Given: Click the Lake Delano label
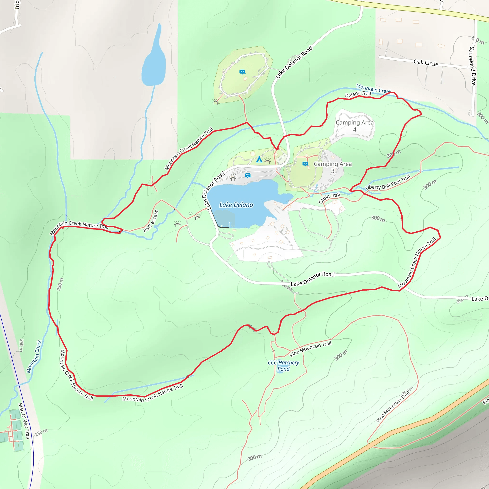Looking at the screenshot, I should (236, 205).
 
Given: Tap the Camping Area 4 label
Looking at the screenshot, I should (355, 126).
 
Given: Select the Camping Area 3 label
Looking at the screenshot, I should (333, 167).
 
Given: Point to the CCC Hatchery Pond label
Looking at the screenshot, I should (283, 366).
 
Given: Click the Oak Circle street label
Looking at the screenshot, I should (426, 63).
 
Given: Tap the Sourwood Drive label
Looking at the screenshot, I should (473, 66).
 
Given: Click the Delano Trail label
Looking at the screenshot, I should (358, 94).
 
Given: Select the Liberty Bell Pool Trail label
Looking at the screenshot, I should (388, 182).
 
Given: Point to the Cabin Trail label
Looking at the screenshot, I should (329, 198).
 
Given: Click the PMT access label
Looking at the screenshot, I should (151, 221).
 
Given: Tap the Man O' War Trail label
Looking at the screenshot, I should (25, 420).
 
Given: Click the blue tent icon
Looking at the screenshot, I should (259, 159).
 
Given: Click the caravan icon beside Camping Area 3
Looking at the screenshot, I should (305, 164).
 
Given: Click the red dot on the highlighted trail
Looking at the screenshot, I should (277, 149).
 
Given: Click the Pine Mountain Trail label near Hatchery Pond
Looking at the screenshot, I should (310, 349).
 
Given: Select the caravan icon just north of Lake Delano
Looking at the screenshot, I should (248, 175).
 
